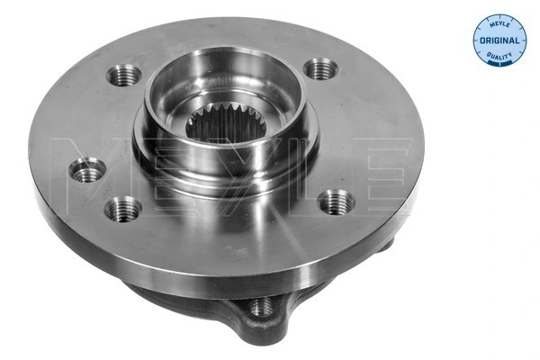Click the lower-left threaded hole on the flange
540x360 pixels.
tap(121, 209)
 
